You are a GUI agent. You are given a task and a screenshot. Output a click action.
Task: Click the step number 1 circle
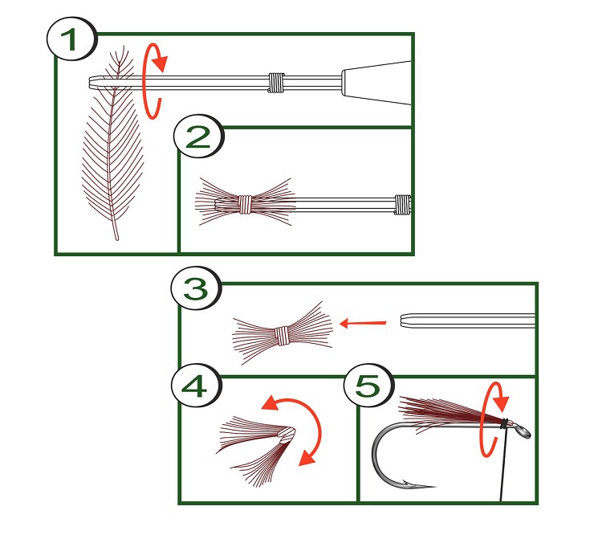tap(71, 39)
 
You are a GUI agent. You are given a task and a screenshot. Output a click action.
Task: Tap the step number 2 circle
tap(198, 137)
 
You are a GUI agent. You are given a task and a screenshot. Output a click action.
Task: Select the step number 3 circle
tap(196, 289)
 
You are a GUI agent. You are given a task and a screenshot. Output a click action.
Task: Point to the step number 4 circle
tap(196, 386)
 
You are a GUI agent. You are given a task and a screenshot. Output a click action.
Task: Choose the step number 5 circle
tap(368, 386)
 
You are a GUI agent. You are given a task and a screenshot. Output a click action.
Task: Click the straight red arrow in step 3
tap(363, 324)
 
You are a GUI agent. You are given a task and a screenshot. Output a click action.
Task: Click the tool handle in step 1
tap(376, 82)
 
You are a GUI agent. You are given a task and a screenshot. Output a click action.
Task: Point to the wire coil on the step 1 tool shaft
tap(277, 82)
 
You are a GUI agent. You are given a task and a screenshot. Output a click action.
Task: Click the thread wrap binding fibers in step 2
tap(245, 204)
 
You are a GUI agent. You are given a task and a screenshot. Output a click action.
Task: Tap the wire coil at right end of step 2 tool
tap(403, 204)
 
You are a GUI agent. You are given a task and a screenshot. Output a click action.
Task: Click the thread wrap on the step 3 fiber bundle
tap(282, 336)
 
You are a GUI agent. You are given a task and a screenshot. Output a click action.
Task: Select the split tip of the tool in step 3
tap(405, 320)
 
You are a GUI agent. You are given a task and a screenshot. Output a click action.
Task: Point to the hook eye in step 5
tap(523, 431)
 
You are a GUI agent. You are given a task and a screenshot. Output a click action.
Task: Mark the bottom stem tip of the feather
tap(116, 239)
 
